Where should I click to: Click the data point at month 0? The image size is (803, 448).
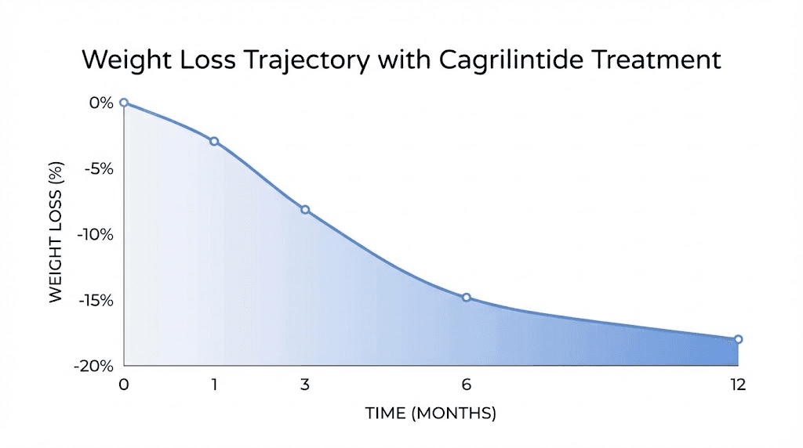coord(124,103)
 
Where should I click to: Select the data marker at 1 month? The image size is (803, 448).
coord(214,141)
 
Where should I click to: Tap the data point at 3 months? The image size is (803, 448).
coord(305,210)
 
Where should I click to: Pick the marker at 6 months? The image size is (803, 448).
coord(467,298)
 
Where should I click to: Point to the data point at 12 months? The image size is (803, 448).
coord(738,339)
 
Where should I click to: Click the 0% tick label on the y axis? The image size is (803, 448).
coord(102,103)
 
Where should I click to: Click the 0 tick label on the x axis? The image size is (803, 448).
coord(124,385)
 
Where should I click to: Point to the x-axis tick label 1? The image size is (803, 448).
coord(214,385)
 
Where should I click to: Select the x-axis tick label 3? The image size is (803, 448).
coord(305,385)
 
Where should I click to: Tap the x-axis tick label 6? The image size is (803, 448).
coord(467,385)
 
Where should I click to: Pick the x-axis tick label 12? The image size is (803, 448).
coord(737,385)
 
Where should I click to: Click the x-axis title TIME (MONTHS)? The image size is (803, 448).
coord(431,414)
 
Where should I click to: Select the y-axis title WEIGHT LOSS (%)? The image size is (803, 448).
coord(56,234)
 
